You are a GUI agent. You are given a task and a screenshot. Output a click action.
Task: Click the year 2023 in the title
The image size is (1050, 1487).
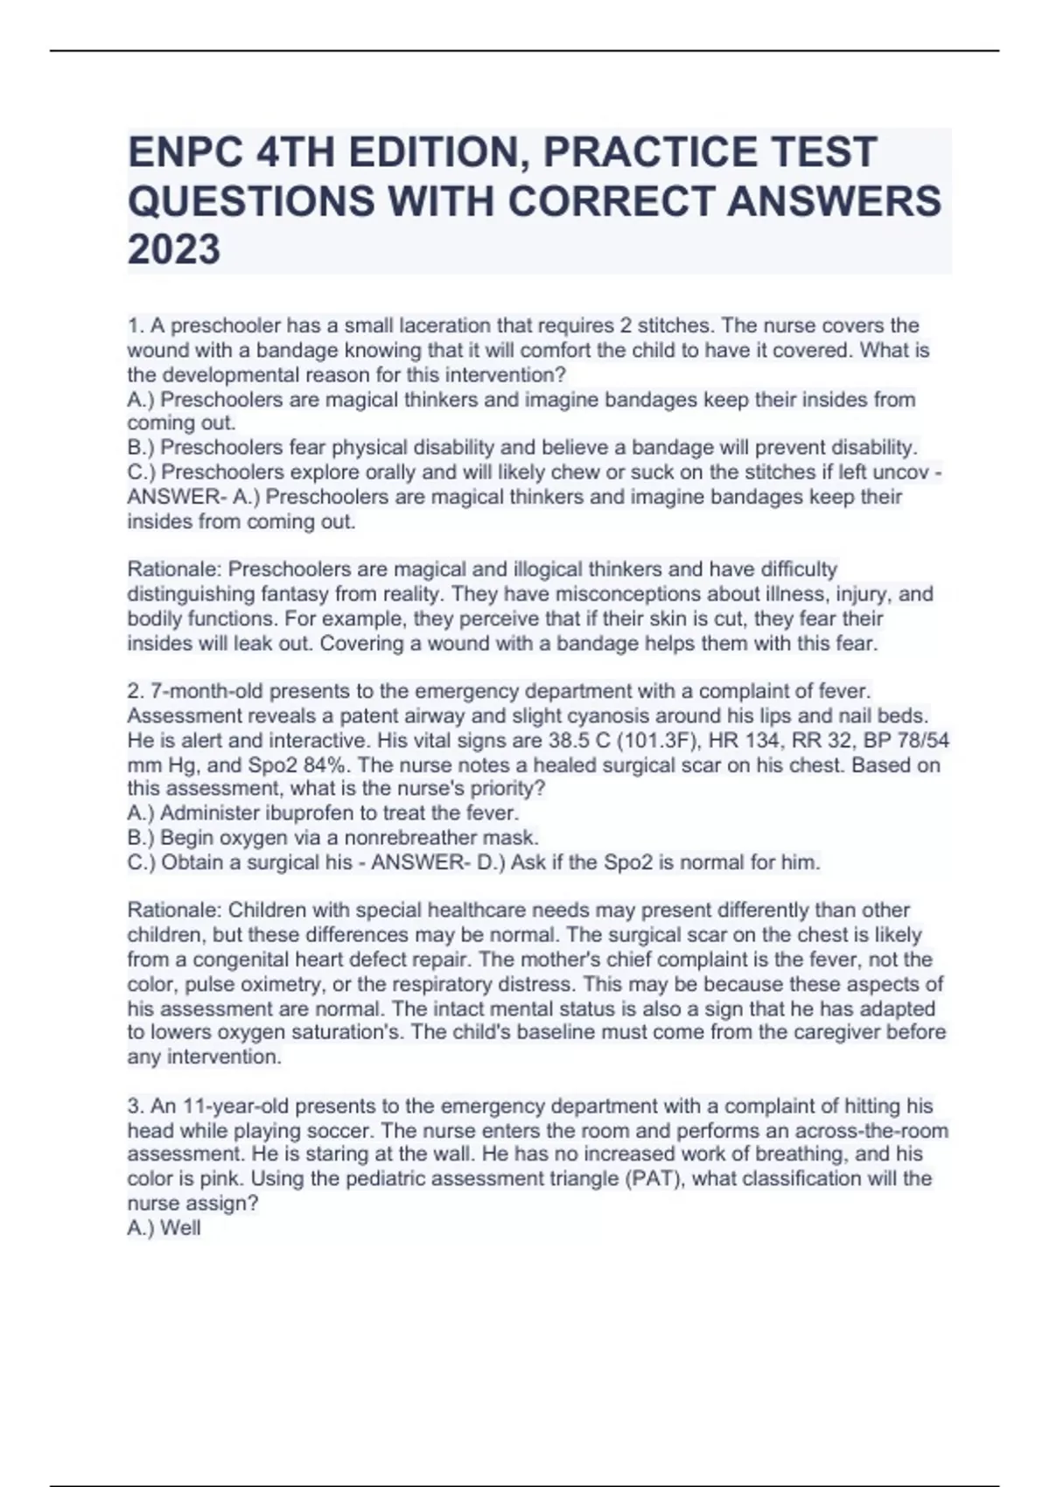point(174,249)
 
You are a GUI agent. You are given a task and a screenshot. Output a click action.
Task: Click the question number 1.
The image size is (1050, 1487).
point(134,326)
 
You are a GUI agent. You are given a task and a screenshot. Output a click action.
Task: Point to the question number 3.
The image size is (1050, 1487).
point(134,1106)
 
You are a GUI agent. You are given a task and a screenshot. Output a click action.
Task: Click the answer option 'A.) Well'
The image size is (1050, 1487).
point(164,1227)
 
